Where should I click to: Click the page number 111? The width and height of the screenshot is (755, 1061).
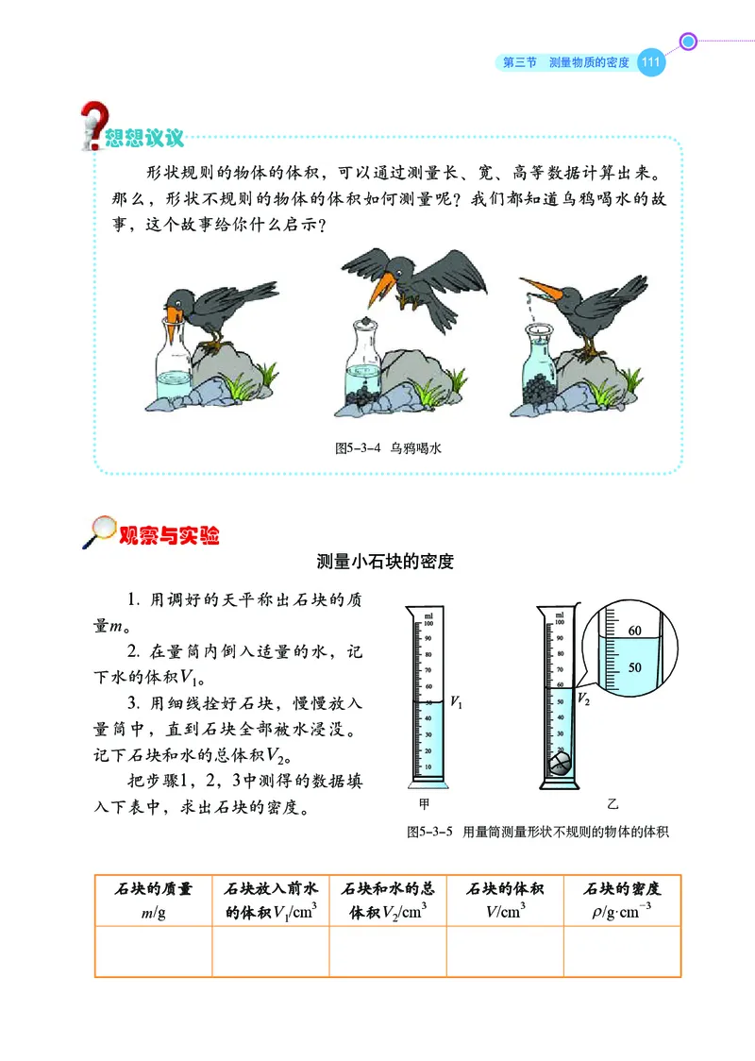coord(651,63)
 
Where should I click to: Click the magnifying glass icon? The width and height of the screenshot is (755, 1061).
coord(100,532)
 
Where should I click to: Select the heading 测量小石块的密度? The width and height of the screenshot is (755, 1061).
coord(385,563)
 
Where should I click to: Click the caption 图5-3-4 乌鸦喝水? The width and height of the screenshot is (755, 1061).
coord(388,449)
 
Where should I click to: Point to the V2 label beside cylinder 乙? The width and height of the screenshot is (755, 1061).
coord(583,699)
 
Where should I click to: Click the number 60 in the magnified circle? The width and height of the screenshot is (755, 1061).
coord(634,631)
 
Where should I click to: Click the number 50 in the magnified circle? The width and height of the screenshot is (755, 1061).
coord(634,666)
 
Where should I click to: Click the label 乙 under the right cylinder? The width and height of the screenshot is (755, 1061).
coord(612,803)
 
